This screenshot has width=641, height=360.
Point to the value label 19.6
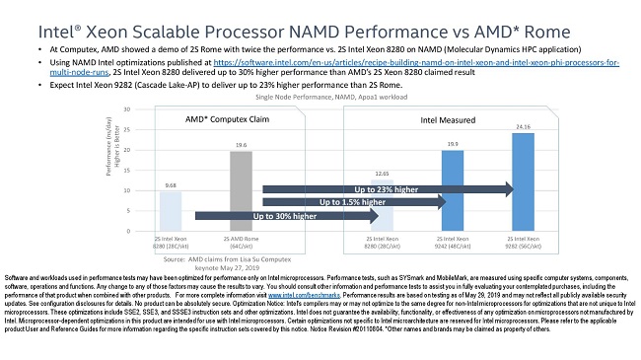click(241, 144)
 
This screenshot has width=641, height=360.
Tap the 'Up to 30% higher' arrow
click(286, 215)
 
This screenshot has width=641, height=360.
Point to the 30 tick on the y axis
click(129, 108)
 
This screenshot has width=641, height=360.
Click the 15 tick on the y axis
click(129, 170)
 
